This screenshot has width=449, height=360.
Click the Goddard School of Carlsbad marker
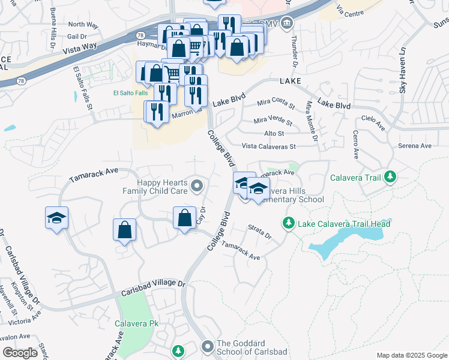point(208,346)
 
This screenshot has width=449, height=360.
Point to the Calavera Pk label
point(137,323)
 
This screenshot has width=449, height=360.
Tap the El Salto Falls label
point(130,93)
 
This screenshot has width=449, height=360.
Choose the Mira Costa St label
point(277,105)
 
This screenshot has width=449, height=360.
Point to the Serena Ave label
point(415,146)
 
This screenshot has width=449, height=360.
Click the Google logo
point(20,352)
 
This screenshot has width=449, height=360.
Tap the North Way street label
point(83,25)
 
